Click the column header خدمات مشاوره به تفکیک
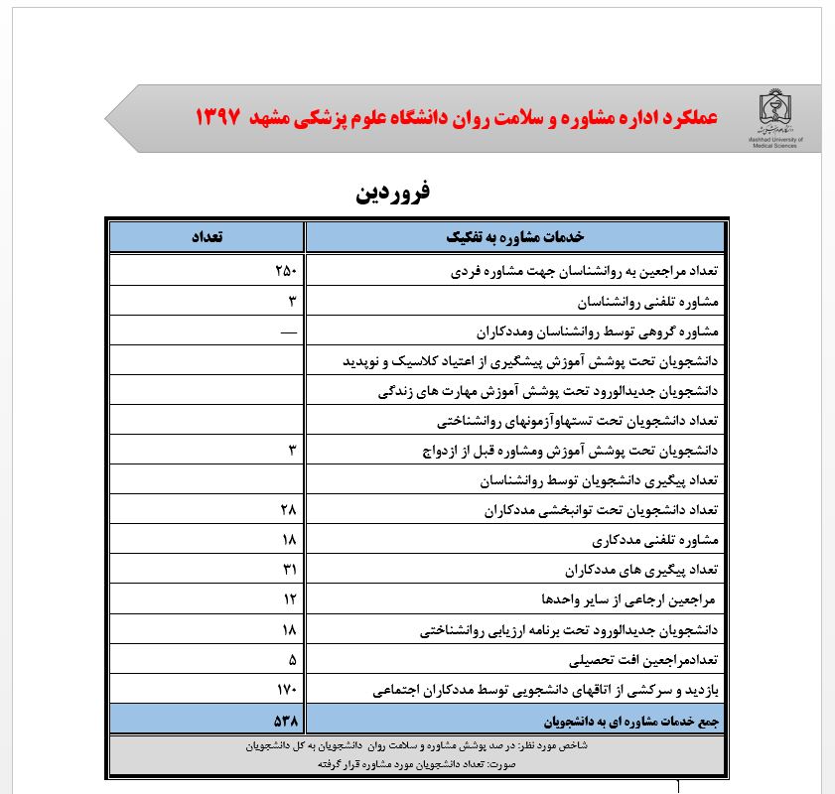[515, 238]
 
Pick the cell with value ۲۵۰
[286, 271]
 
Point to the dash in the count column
[288, 331]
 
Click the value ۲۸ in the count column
[288, 510]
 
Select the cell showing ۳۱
[288, 570]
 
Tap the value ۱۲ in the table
[288, 599]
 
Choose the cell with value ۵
[292, 659]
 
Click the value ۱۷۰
[286, 689]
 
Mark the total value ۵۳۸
[286, 719]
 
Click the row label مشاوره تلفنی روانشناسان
[645, 301]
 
